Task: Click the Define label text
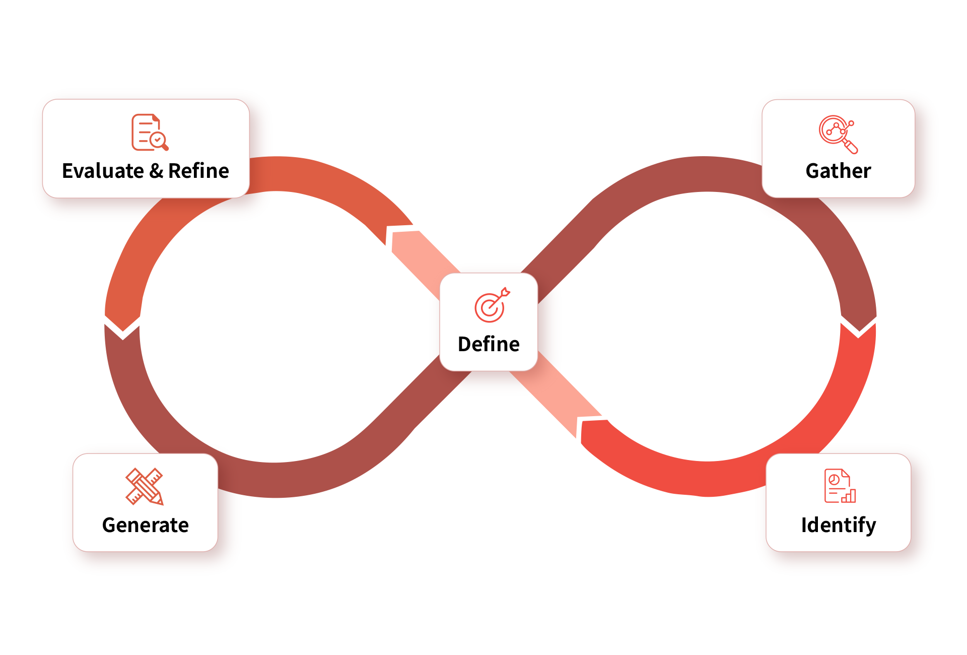(489, 344)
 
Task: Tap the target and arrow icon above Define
(492, 305)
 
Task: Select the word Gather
(838, 171)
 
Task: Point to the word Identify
(839, 525)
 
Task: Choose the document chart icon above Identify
(839, 486)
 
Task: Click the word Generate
(145, 525)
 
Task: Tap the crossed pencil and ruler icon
(145, 486)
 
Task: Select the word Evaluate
(103, 171)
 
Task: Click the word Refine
(198, 171)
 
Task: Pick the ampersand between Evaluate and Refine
(156, 171)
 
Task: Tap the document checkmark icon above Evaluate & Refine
(150, 133)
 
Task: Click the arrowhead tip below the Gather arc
(859, 333)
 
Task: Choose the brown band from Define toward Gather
(569, 242)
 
